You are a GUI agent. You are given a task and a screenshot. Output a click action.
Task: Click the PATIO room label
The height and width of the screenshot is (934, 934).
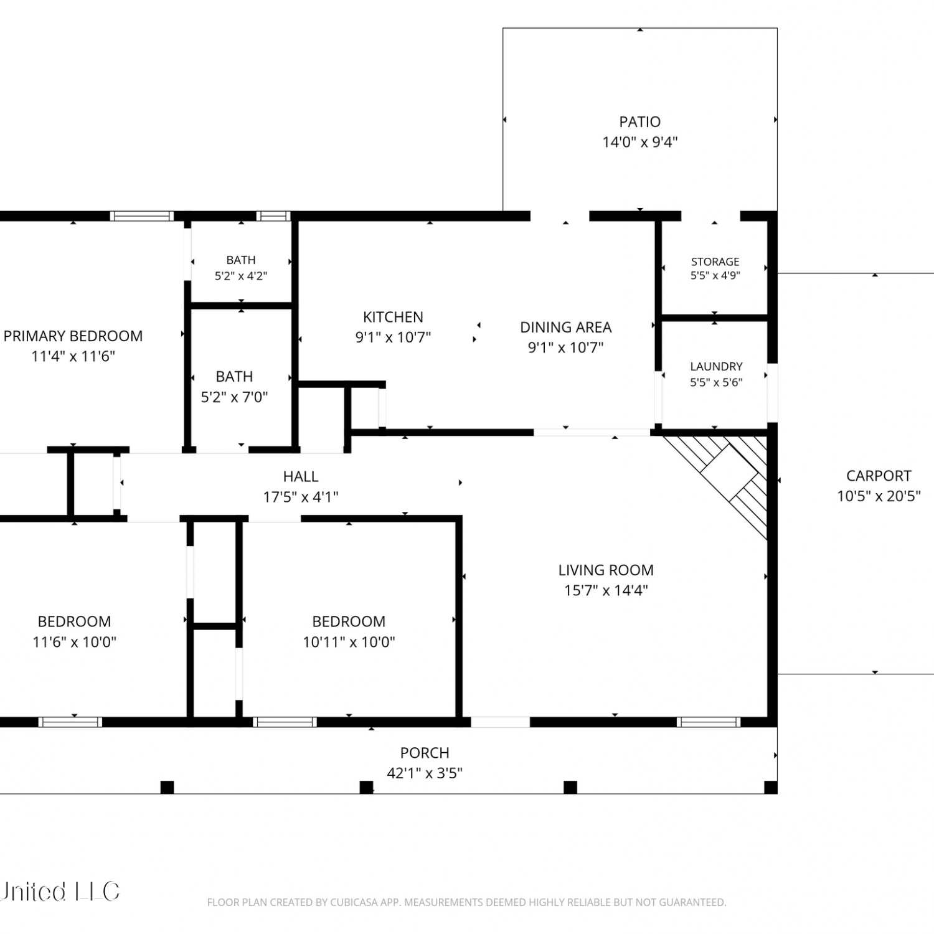pyautogui.click(x=639, y=122)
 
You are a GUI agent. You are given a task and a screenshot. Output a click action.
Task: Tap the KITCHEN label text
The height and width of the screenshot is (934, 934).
pyautogui.click(x=393, y=317)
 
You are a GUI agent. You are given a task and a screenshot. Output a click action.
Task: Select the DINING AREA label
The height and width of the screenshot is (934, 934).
pyautogui.click(x=565, y=328)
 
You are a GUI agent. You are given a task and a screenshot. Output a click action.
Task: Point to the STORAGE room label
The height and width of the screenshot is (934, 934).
pyautogui.click(x=715, y=262)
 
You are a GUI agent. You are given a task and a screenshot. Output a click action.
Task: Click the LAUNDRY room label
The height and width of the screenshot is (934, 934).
pyautogui.click(x=716, y=367)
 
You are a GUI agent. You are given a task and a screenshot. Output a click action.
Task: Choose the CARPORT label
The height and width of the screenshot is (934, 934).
pyautogui.click(x=879, y=476)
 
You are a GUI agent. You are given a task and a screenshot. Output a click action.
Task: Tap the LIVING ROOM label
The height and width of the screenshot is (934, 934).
pyautogui.click(x=606, y=570)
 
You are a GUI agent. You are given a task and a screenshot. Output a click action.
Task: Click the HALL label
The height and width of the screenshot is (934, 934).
pyautogui.click(x=301, y=477)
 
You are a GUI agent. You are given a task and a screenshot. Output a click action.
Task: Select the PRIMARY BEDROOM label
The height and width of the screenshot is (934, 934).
pyautogui.click(x=73, y=336)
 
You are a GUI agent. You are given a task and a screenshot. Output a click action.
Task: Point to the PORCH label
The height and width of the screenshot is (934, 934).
pyautogui.click(x=425, y=753)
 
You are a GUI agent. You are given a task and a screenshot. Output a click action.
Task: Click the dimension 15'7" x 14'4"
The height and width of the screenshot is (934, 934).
pyautogui.click(x=606, y=590)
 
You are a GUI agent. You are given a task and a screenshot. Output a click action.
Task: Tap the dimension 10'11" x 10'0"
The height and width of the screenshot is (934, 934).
pyautogui.click(x=349, y=642)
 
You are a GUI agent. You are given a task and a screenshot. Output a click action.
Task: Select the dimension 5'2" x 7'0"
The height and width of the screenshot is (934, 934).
pyautogui.click(x=234, y=397)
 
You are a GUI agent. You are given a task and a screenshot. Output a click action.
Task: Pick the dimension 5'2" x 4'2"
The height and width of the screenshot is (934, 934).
pyautogui.click(x=241, y=276)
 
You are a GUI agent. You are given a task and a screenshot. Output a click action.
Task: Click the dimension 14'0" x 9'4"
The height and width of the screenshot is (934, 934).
pyautogui.click(x=639, y=142)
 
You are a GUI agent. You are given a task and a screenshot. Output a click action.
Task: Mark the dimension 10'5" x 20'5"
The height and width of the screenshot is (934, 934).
pyautogui.click(x=879, y=496)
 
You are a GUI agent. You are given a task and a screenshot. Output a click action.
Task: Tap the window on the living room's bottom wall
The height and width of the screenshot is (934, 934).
pyautogui.click(x=709, y=722)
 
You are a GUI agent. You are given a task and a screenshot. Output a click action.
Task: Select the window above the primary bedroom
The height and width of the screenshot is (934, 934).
pyautogui.click(x=142, y=216)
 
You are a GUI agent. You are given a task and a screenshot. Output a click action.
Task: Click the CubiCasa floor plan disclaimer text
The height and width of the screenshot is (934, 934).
pyautogui.click(x=466, y=902)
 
